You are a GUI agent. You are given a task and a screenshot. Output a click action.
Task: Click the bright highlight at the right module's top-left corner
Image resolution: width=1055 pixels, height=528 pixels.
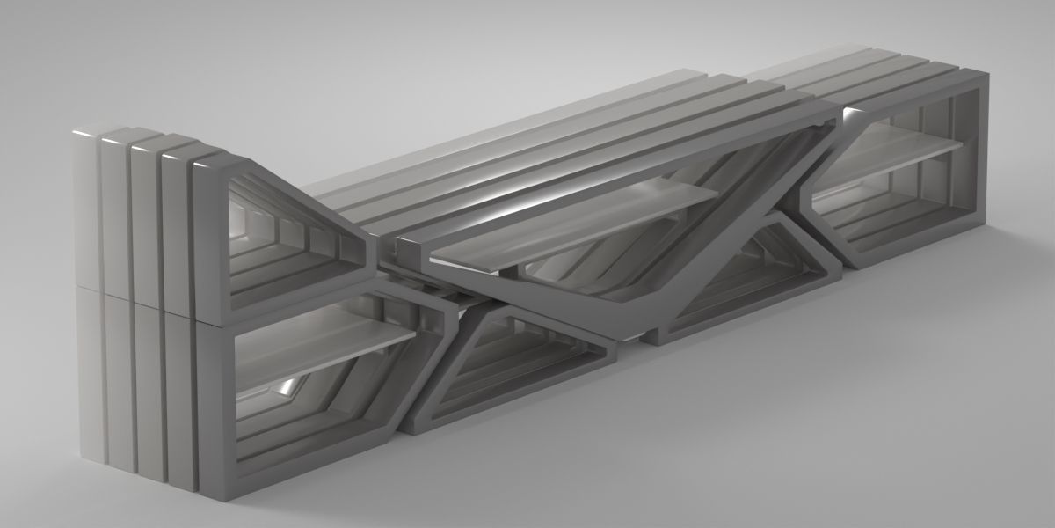(x=849, y=114)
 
